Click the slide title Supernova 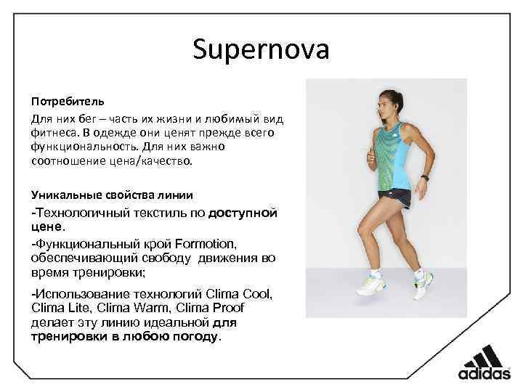(x=261, y=50)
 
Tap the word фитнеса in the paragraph (x=52, y=132)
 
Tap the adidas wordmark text (x=484, y=375)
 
